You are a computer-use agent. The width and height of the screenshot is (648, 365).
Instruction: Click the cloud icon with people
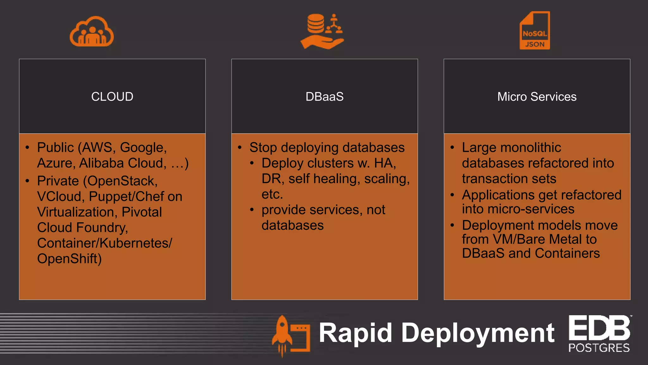click(x=92, y=32)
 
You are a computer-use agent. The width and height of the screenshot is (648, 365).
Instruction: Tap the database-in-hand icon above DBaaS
click(x=322, y=31)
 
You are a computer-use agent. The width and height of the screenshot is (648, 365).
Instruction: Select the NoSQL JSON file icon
click(x=535, y=31)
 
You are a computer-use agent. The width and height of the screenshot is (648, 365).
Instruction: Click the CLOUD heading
click(x=112, y=97)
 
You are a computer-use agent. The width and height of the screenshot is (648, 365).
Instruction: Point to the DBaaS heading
click(x=325, y=97)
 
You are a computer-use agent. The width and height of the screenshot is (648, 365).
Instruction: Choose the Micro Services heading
click(x=537, y=97)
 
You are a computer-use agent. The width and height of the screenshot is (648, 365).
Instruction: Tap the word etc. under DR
click(x=272, y=194)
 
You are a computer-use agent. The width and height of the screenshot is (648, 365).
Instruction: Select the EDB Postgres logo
click(x=599, y=334)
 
